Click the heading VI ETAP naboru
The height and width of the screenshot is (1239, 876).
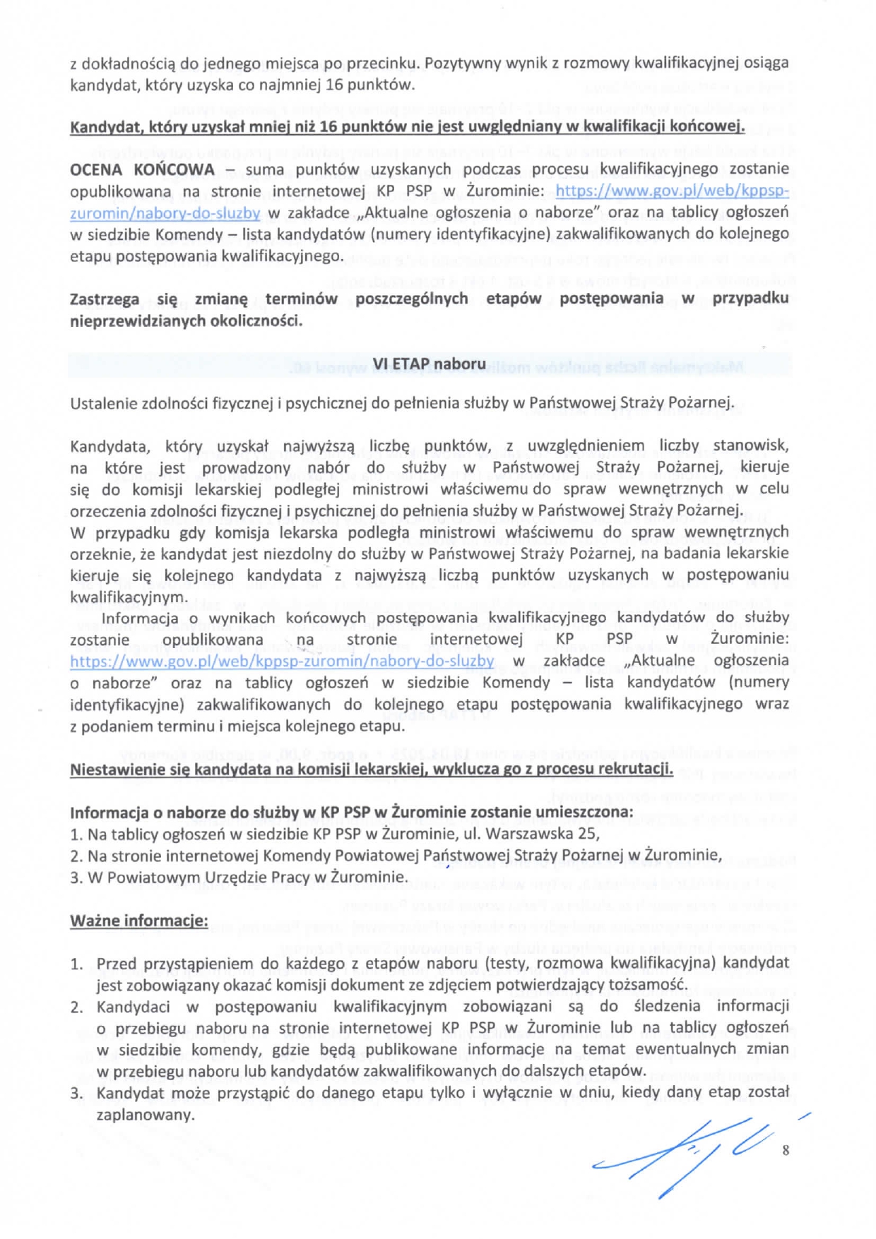coord(429,364)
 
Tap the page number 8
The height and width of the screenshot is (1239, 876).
coord(786,1150)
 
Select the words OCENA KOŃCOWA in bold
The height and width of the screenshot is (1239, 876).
coord(142,169)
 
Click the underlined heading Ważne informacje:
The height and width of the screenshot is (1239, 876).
coord(139,921)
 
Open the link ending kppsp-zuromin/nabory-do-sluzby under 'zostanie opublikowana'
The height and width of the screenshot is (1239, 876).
coord(282,661)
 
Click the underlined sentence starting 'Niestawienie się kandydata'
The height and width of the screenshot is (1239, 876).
coord(371,769)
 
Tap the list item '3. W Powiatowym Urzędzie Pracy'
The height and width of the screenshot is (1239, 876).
coord(239,878)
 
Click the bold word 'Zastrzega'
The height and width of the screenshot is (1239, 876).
coord(105,299)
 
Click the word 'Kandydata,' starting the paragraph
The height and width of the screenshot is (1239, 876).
coord(109,446)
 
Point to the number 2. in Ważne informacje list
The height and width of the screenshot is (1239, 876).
coord(76,1007)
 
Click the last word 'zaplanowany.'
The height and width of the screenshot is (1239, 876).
coord(145,1115)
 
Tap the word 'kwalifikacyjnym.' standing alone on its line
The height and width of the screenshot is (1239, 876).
coord(129,597)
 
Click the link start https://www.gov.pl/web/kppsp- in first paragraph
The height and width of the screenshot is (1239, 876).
coord(672,191)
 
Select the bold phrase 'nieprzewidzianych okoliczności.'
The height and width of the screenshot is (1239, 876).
coord(186,321)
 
